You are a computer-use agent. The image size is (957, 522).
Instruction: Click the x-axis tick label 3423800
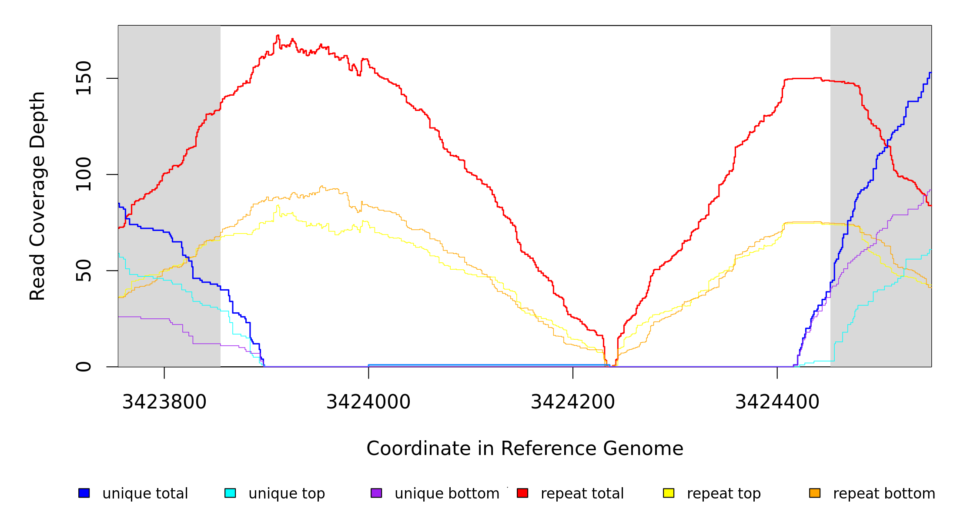pyautogui.click(x=164, y=402)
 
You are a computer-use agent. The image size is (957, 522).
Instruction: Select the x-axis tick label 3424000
pyautogui.click(x=368, y=402)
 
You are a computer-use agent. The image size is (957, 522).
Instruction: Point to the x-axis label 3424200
pyautogui.click(x=572, y=402)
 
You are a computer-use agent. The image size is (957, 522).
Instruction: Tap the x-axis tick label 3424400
pyautogui.click(x=777, y=402)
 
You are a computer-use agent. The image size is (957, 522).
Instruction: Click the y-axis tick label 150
pyautogui.click(x=84, y=78)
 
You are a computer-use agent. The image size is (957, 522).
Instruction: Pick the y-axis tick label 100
pyautogui.click(x=84, y=174)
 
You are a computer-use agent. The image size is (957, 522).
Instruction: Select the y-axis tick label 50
pyautogui.click(x=84, y=271)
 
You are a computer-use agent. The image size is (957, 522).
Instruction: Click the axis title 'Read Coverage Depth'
pyautogui.click(x=37, y=196)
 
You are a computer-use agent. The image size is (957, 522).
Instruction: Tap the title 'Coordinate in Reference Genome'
pyautogui.click(x=525, y=448)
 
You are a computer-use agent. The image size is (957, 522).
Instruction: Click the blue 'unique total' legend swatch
pyautogui.click(x=84, y=493)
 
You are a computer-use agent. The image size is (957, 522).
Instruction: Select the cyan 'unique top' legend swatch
pyautogui.click(x=230, y=493)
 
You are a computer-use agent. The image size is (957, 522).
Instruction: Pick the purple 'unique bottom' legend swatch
pyautogui.click(x=376, y=493)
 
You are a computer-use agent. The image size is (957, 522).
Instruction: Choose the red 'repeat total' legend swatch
pyautogui.click(x=522, y=493)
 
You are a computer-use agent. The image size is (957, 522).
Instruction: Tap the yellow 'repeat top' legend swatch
pyautogui.click(x=669, y=493)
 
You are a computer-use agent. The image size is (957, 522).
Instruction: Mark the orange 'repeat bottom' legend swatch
pyautogui.click(x=815, y=493)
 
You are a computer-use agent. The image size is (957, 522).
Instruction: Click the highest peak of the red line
pyautogui.click(x=278, y=36)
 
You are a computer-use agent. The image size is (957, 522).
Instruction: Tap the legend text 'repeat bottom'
pyautogui.click(x=884, y=494)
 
